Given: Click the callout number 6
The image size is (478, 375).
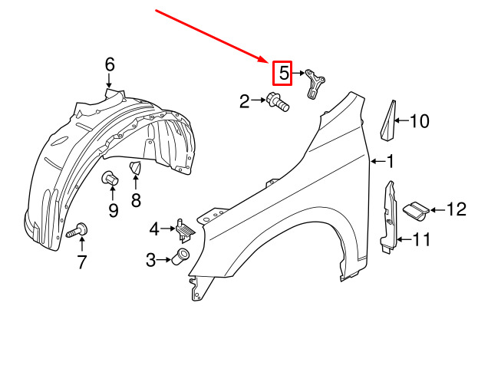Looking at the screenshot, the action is click(x=110, y=64).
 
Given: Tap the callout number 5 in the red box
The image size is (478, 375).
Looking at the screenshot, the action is click(x=284, y=74).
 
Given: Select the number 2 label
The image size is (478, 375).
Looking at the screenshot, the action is click(x=245, y=101).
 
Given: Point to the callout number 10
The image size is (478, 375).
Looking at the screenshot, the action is click(x=420, y=121).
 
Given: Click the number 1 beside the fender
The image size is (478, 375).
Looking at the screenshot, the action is click(x=391, y=161).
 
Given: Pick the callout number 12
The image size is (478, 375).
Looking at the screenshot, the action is click(x=457, y=209).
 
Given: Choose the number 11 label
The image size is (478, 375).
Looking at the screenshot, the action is click(x=421, y=239).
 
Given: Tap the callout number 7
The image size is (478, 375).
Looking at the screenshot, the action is click(x=81, y=262).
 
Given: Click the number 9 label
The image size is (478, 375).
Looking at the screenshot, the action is click(x=113, y=210).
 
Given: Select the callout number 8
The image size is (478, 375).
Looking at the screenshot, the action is click(x=136, y=200).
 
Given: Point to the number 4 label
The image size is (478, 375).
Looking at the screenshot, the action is click(x=154, y=229).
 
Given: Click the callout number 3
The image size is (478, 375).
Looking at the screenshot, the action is click(x=150, y=260).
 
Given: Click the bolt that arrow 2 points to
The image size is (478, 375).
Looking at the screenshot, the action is click(x=278, y=102).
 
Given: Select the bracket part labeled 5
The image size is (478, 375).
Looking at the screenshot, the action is click(x=315, y=83).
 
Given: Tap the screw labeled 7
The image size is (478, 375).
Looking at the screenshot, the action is click(x=77, y=231).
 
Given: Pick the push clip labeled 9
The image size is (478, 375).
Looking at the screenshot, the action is click(x=110, y=178).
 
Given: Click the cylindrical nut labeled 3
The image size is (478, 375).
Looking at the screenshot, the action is click(x=181, y=257).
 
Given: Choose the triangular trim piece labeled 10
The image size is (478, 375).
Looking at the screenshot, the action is click(x=388, y=122).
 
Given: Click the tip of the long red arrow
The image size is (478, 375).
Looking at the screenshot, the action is click(x=267, y=62).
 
